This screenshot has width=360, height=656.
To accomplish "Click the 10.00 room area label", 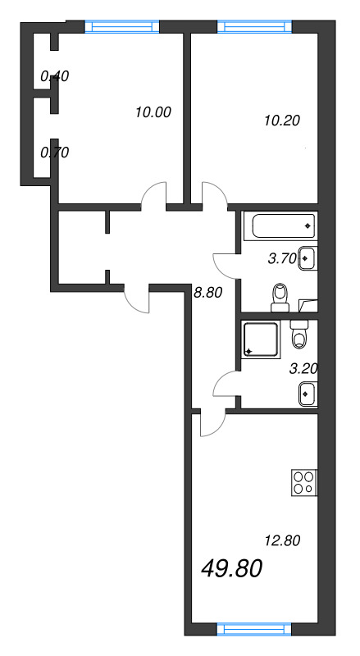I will [152, 113].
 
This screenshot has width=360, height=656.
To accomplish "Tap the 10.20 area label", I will [281, 120].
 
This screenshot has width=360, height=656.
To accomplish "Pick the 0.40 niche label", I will [55, 76].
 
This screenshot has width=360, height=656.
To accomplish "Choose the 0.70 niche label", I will [55, 152].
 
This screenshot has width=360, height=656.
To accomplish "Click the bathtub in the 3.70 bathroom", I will [280, 225].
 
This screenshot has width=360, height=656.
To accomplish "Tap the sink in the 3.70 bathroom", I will [306, 258].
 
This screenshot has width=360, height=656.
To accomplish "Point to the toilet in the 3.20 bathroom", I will [300, 337].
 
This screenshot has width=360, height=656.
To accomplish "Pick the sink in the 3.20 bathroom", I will [306, 394].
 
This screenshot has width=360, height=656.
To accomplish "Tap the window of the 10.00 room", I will [122, 27].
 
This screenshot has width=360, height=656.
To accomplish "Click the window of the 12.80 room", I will [253, 630].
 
